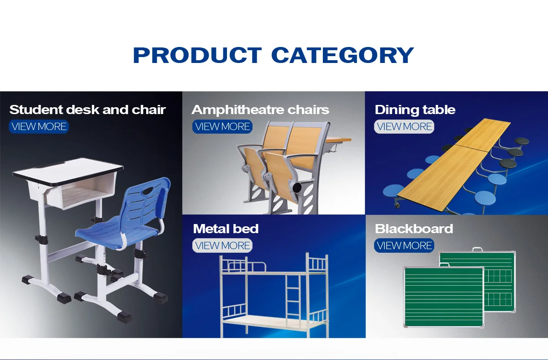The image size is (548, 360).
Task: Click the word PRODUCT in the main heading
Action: click(197, 55)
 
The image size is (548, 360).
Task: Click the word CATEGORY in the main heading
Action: click(342, 55)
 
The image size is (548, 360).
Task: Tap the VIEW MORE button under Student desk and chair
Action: click(39, 126)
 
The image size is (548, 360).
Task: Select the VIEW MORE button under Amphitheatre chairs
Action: click(222, 126)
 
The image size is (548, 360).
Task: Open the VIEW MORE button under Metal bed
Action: click(222, 245)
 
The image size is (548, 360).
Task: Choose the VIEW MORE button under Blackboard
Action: click(404, 245)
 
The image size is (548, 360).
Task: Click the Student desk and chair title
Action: click(88, 110)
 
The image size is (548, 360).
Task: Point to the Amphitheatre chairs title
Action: click(260, 110)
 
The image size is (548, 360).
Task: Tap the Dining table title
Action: click(415, 110)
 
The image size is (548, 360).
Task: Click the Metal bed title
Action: click(226, 229)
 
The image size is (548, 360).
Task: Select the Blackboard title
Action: click(414, 229)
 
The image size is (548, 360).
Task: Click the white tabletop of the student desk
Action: click(68, 171)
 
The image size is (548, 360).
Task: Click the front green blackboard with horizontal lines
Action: click(443, 297)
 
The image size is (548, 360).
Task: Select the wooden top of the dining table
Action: click(454, 164)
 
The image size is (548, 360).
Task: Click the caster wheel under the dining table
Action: click(397, 205)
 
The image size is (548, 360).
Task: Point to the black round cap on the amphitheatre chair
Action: click(297, 188)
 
